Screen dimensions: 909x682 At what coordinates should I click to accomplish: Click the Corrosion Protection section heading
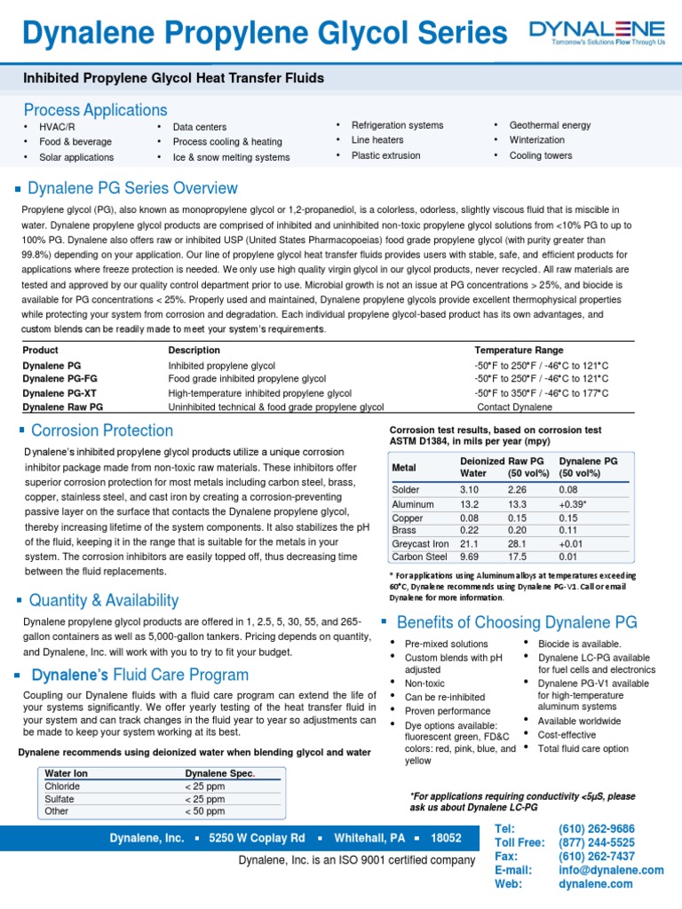(101, 431)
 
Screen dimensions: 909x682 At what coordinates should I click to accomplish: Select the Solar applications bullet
(75, 157)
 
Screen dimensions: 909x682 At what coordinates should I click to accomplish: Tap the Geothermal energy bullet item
(550, 125)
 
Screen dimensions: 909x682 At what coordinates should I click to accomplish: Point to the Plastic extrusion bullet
(385, 155)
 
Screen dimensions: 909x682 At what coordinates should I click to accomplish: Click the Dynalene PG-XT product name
(60, 392)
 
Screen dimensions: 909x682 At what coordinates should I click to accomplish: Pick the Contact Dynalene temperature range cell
(514, 407)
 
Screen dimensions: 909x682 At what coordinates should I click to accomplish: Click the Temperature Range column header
(519, 351)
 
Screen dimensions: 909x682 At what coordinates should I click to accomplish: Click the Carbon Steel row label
(420, 557)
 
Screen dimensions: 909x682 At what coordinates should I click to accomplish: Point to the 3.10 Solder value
(469, 489)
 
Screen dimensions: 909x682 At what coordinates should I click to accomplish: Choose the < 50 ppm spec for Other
(205, 811)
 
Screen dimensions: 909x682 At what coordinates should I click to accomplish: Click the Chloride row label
(62, 786)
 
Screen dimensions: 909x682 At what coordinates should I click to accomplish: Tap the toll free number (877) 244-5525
(596, 842)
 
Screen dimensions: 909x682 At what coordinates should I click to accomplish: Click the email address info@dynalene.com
(610, 870)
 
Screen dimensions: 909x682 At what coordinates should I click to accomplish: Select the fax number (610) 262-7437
(596, 857)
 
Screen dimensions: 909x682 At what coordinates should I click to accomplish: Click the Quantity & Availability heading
(103, 601)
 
